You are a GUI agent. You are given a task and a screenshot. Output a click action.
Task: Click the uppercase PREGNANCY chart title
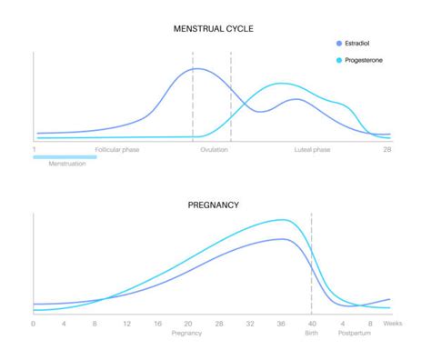point(213,205)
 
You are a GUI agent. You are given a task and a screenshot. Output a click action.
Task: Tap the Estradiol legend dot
point(339,44)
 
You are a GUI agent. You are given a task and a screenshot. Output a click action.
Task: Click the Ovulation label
point(214,149)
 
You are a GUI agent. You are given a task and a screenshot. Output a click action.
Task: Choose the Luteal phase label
point(314,149)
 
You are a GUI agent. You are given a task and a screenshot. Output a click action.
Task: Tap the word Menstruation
point(67,165)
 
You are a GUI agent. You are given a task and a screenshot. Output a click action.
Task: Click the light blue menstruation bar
point(65,156)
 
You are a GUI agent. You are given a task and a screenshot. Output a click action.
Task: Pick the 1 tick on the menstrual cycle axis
point(35,149)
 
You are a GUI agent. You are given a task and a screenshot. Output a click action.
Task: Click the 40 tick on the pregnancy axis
point(311,324)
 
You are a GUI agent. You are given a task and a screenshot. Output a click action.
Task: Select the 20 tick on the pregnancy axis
point(187,324)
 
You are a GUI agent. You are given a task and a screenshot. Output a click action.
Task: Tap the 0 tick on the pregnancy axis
point(34,324)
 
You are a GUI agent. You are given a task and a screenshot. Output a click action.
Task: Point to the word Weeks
point(392,324)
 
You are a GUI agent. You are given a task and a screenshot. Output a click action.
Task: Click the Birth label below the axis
point(311,334)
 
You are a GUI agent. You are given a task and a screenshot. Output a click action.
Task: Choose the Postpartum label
point(355,334)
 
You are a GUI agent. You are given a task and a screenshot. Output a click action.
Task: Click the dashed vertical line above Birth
point(311,264)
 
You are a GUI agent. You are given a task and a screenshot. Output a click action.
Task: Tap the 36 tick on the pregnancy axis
point(280,324)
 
